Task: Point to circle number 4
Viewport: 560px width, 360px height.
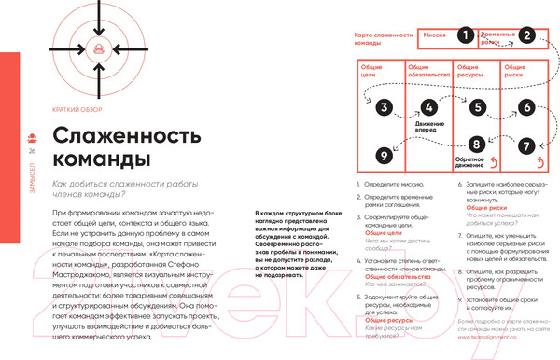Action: pos(428,107)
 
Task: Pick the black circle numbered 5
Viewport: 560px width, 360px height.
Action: pos(477,107)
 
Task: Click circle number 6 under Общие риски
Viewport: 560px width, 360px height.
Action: pos(527,107)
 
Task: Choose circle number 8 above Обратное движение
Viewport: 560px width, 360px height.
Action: pos(477,145)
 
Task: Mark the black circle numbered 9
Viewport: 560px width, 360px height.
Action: pos(383,154)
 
